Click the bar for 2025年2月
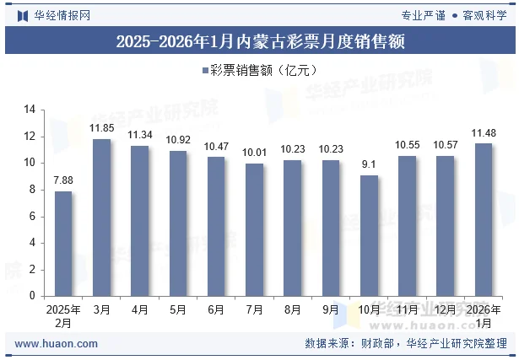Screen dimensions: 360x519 tap(63, 244)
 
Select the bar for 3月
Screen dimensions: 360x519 tap(101, 218)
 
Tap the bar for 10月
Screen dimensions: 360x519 tap(369, 235)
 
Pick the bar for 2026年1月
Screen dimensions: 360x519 tap(483, 219)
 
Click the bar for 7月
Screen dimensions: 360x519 tap(254, 229)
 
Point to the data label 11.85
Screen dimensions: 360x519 tap(101, 128)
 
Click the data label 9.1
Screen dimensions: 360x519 tap(369, 165)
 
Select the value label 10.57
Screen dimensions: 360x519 tap(445, 146)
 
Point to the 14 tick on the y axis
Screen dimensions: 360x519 tap(30, 110)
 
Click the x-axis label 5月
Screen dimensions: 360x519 tap(178, 310)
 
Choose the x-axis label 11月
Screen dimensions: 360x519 tap(407, 310)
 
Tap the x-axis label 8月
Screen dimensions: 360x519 tap(292, 310)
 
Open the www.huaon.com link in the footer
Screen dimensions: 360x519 tap(57, 344)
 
